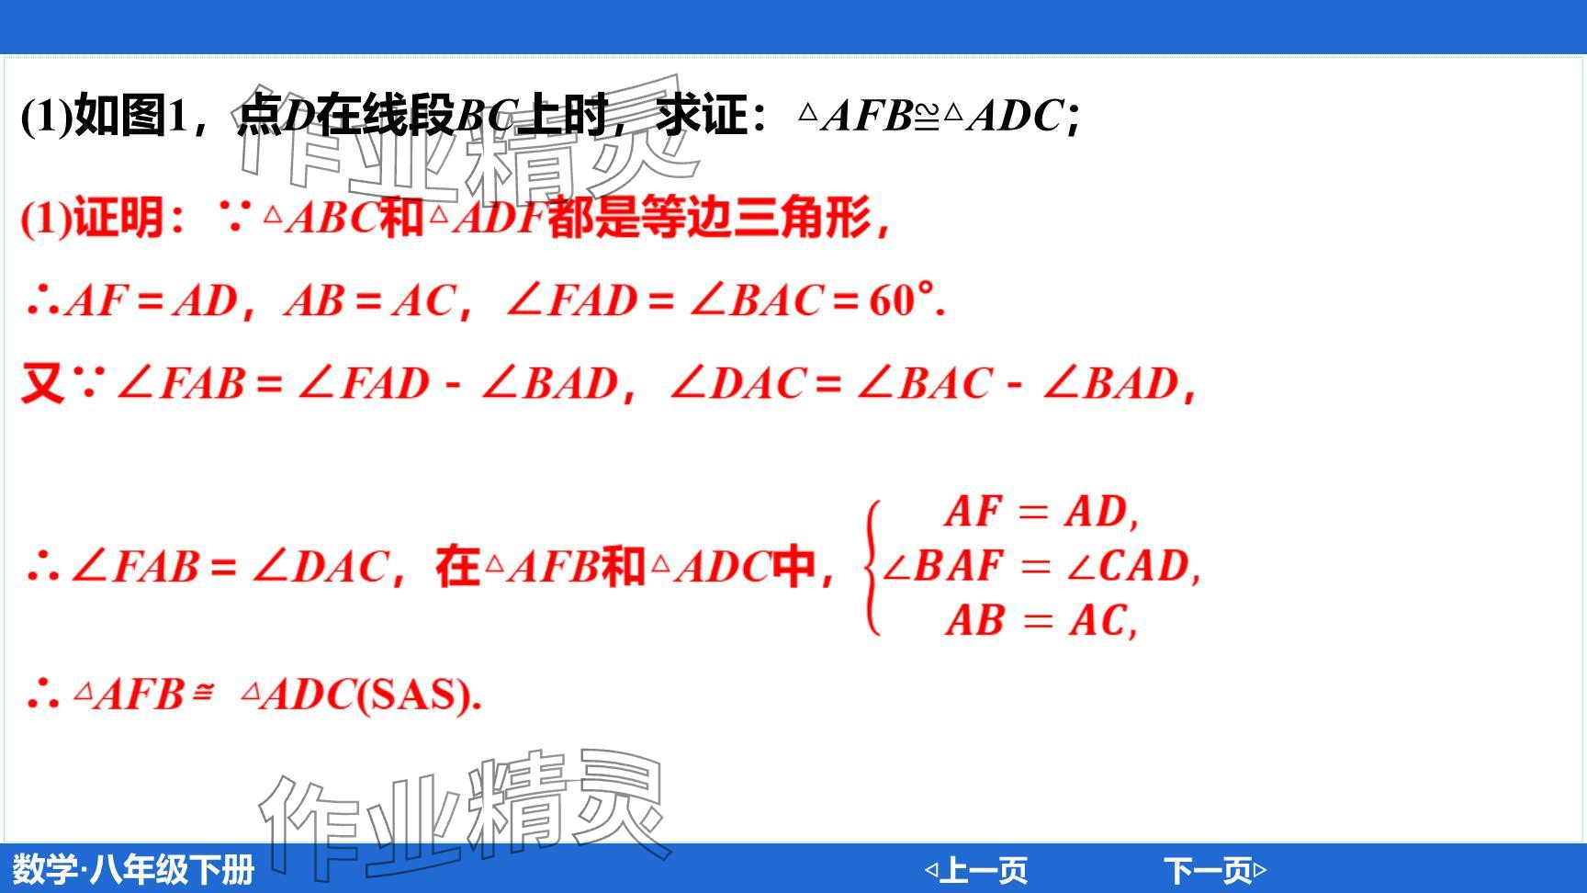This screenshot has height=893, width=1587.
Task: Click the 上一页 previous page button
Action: pyautogui.click(x=975, y=869)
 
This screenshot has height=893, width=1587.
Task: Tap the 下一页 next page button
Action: pyautogui.click(x=1215, y=869)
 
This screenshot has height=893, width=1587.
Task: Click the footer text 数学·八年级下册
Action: pyautogui.click(x=133, y=869)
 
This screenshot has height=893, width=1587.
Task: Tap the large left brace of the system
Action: pyautogui.click(x=872, y=567)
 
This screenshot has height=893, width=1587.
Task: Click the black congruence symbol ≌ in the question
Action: pyautogui.click(x=927, y=116)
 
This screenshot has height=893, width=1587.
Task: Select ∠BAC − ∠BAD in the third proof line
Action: pyautogui.click(x=1017, y=383)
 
